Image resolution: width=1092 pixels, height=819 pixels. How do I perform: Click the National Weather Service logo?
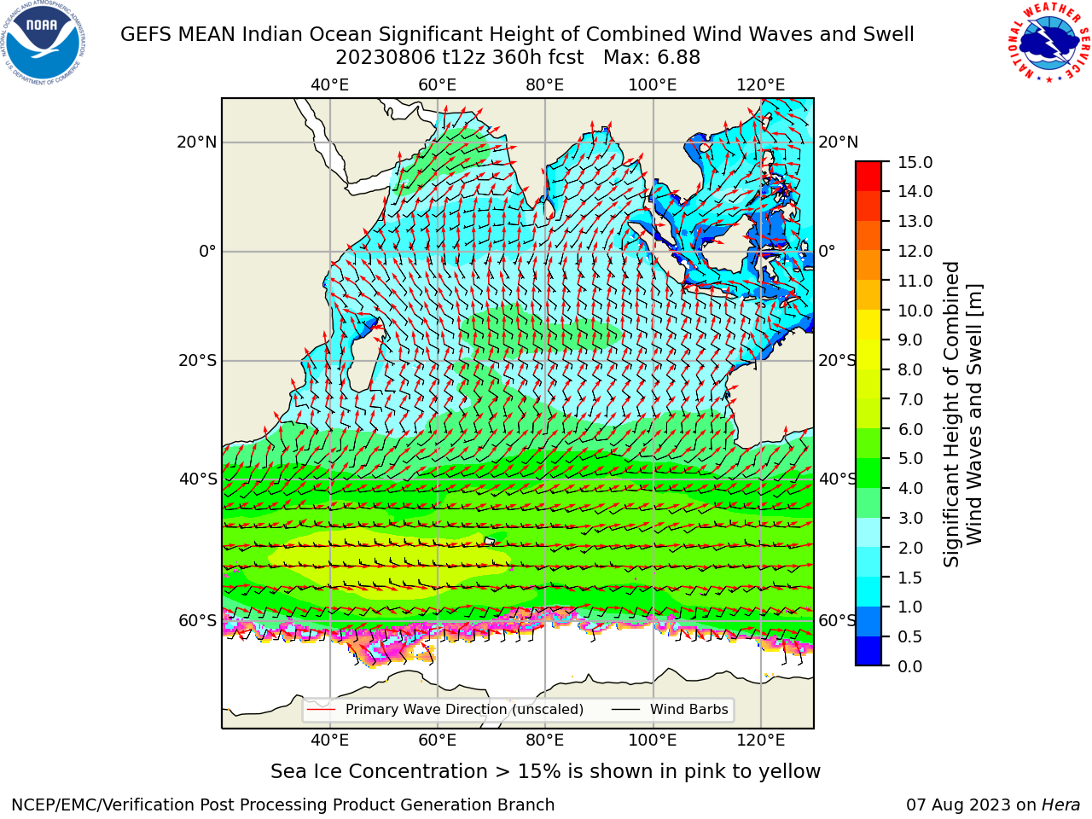1049,42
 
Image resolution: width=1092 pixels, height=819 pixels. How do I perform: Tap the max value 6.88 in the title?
677,58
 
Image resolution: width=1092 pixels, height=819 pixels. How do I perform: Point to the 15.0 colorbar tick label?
915,162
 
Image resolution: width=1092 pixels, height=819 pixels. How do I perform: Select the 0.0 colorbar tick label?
909,666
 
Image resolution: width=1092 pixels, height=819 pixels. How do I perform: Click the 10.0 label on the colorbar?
915,311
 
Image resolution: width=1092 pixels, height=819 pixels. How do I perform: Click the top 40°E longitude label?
329,85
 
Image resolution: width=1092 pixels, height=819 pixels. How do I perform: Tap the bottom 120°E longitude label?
761,740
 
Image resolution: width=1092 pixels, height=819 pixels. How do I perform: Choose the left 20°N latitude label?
196,142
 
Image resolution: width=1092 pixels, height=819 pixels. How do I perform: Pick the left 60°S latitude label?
198,620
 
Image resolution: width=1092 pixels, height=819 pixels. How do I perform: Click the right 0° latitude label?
827,251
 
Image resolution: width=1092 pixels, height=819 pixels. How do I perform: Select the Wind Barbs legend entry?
670,709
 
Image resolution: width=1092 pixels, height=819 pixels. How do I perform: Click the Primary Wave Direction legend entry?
445,709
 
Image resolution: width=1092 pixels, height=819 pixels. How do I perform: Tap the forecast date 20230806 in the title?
386,58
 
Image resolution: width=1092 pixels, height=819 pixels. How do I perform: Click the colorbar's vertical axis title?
962,414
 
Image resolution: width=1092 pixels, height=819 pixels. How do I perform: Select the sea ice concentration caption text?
545,771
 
